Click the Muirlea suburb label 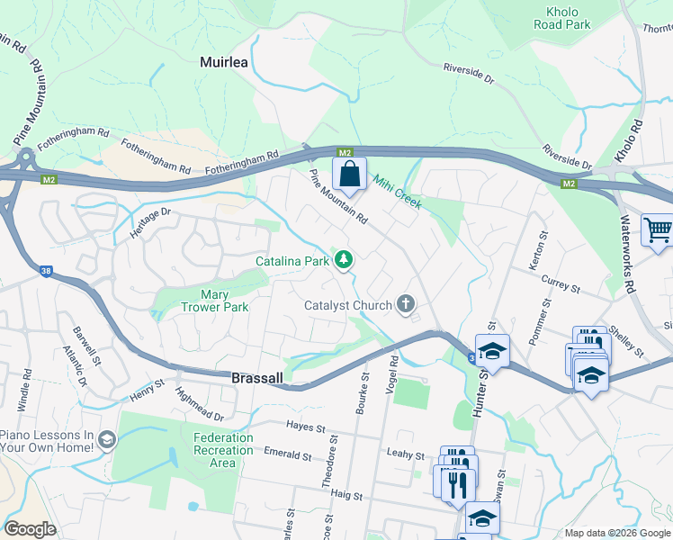pos(222,62)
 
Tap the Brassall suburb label pos(258,379)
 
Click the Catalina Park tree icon pos(343,260)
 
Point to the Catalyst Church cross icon pos(406,304)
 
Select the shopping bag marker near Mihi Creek pos(350,173)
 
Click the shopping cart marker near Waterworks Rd pos(657,229)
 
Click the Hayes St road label pos(304,425)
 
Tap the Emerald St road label pos(288,454)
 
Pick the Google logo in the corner pos(31,528)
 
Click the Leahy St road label pos(404,455)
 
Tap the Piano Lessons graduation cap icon pos(107,439)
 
